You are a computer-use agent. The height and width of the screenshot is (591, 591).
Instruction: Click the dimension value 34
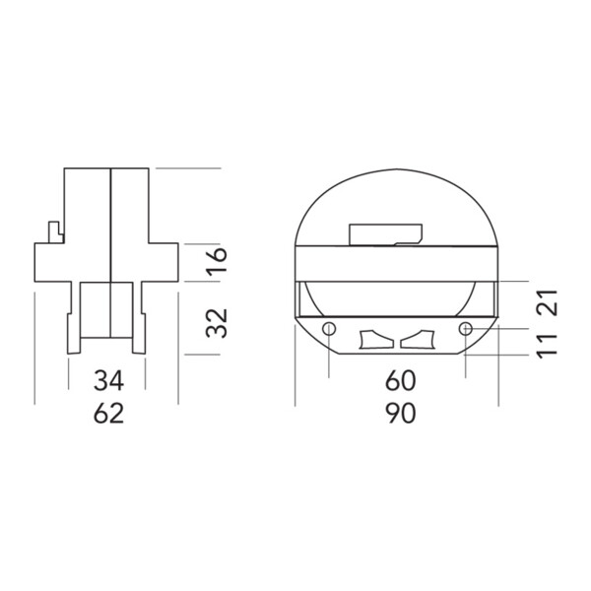[108, 380]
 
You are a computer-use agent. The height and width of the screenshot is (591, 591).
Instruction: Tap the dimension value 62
[108, 413]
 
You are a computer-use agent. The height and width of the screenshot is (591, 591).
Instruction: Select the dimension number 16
[217, 260]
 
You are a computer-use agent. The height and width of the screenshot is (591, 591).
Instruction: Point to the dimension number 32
[217, 323]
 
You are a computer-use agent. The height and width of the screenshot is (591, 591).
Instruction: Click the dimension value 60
[400, 380]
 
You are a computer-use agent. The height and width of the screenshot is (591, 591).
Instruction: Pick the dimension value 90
[400, 413]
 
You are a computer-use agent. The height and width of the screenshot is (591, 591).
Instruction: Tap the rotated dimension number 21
[547, 302]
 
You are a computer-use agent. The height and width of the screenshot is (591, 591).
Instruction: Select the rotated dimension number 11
[547, 347]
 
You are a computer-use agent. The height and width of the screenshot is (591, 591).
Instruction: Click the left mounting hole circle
[329, 329]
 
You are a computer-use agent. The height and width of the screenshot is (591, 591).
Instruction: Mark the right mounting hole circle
[466, 329]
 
